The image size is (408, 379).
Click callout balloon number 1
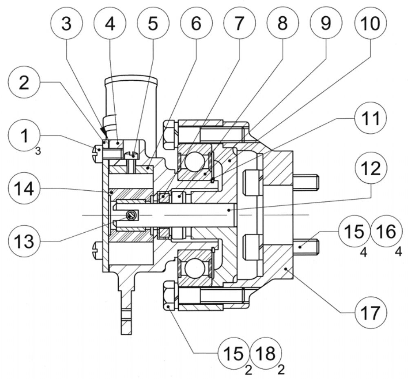pyautogui.click(x=24, y=135)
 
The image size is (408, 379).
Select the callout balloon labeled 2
pyautogui.click(x=24, y=82)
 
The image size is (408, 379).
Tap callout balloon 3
pyautogui.click(x=67, y=23)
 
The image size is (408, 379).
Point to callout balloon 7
pyautogui.click(x=239, y=23)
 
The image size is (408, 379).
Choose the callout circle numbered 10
pyautogui.click(x=370, y=23)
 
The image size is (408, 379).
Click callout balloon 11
pyautogui.click(x=370, y=118)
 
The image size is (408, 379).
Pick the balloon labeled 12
pyautogui.click(x=371, y=168)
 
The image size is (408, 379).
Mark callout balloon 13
pyautogui.click(x=24, y=241)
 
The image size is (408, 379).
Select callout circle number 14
pyautogui.click(x=24, y=188)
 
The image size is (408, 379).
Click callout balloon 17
pyautogui.click(x=371, y=312)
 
